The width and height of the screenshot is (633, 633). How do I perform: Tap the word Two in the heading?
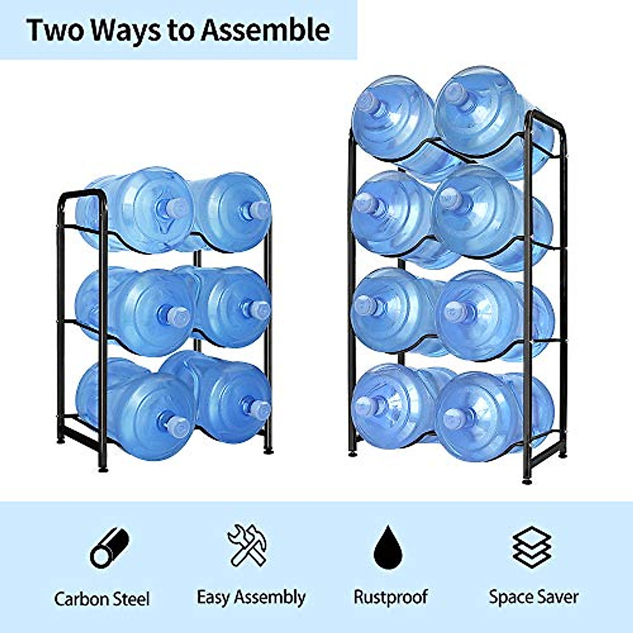coord(55,30)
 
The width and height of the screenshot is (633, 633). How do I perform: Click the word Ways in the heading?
coord(125,30)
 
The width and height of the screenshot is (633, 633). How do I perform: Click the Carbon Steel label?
coord(102,599)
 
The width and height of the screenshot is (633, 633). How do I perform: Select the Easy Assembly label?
coord(251,598)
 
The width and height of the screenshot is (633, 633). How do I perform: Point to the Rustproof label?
coord(390,598)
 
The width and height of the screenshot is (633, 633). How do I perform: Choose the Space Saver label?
coord(533,598)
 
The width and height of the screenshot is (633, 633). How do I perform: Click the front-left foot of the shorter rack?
coord(102,467)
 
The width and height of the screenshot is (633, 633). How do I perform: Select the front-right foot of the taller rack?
coord(526,480)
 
